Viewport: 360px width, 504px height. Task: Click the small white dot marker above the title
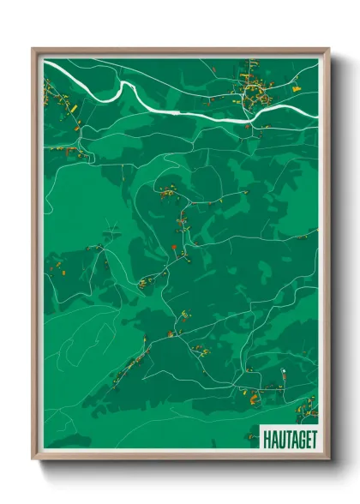[283, 371]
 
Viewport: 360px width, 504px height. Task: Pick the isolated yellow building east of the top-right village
[297, 88]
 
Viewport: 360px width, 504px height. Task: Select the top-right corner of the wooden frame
[328, 49]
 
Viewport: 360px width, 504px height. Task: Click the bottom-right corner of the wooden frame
[328, 459]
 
